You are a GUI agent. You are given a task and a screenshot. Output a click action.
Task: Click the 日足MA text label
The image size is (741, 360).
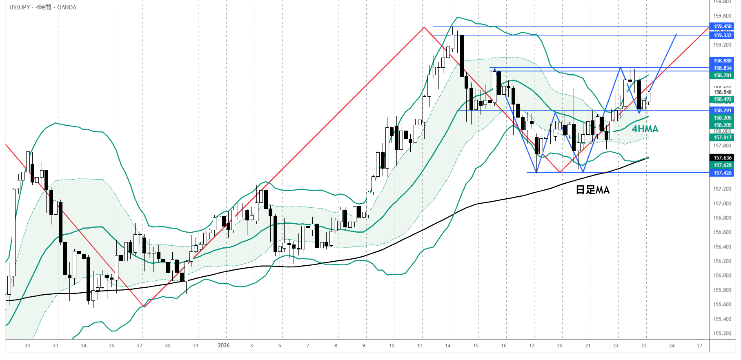pyautogui.click(x=592, y=190)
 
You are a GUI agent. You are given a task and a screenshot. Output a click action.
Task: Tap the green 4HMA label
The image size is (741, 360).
pyautogui.click(x=645, y=129)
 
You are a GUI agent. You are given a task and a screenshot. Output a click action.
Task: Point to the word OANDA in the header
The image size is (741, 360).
pyautogui.click(x=67, y=7)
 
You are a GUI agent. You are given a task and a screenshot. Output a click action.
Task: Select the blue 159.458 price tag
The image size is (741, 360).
pyautogui.click(x=722, y=27)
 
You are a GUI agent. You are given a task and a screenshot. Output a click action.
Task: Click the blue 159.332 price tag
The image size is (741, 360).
pyautogui.click(x=722, y=36)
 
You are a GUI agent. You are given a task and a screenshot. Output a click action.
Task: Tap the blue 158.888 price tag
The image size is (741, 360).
pyautogui.click(x=722, y=61)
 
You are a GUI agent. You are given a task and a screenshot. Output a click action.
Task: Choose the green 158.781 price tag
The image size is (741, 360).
pyautogui.click(x=722, y=76)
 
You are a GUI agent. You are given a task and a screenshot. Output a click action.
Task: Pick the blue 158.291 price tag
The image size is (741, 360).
pyautogui.click(x=722, y=111)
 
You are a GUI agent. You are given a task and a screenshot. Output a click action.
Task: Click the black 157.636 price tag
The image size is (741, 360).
pyautogui.click(x=722, y=158)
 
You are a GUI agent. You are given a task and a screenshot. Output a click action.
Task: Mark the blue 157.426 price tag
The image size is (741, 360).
pyautogui.click(x=722, y=173)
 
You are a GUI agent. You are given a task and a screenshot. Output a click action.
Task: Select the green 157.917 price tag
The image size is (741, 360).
pyautogui.click(x=722, y=138)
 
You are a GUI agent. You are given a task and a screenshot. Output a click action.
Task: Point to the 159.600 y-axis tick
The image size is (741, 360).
pyautogui.click(x=722, y=16)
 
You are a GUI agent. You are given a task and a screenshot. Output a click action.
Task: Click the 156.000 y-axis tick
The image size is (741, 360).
pyautogui.click(x=722, y=276)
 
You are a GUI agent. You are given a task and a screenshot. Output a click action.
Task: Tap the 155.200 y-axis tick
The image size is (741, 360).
pyautogui.click(x=722, y=333)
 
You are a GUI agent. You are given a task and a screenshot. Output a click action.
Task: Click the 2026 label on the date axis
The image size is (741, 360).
pyautogui.click(x=224, y=346)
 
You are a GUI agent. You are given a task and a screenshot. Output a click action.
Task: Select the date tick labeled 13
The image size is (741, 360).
pyautogui.click(x=420, y=346)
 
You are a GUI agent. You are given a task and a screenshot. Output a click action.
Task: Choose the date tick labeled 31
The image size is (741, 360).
pyautogui.click(x=196, y=346)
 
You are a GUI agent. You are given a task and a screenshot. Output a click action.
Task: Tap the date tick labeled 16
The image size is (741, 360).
pyautogui.click(x=504, y=346)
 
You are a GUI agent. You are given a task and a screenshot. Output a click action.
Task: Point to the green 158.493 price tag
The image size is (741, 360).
pyautogui.click(x=722, y=99)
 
